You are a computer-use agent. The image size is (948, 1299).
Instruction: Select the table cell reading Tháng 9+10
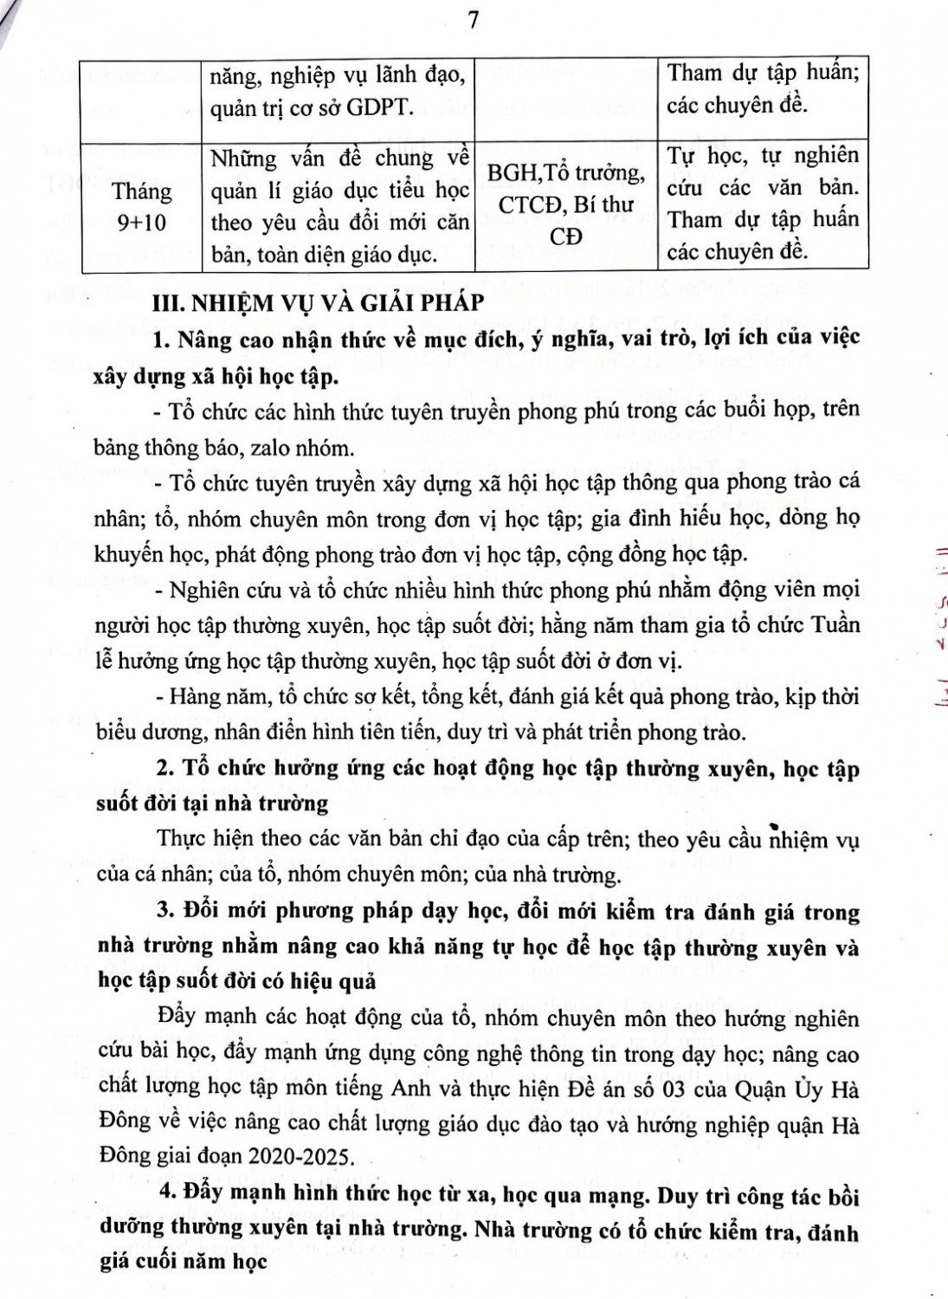[x=142, y=206]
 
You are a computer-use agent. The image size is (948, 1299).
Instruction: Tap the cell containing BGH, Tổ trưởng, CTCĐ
[x=566, y=204]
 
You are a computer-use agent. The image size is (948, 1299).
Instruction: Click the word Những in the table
[x=246, y=158]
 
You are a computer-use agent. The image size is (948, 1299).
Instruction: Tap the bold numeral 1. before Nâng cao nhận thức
[x=161, y=339]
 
